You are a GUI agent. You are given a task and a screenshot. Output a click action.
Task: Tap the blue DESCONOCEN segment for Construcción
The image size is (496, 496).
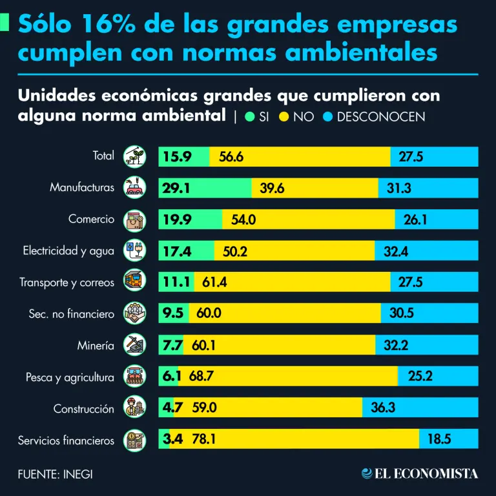[x=420, y=408]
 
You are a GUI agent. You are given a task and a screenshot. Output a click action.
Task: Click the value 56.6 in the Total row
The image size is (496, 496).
[x=231, y=157]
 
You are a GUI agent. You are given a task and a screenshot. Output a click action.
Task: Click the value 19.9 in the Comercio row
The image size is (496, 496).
[x=177, y=220]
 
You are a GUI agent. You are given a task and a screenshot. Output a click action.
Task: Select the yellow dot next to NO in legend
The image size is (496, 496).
[x=284, y=117]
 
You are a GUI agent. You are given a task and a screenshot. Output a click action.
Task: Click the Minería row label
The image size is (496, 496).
[x=95, y=346]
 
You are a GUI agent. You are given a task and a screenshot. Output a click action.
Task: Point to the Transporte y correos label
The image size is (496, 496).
[x=67, y=283]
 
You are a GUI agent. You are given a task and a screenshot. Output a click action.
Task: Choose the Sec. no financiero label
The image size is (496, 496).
[x=71, y=314]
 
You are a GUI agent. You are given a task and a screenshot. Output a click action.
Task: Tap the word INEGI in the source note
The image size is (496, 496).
[x=77, y=474]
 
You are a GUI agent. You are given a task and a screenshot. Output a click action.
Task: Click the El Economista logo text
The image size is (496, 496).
[x=428, y=474]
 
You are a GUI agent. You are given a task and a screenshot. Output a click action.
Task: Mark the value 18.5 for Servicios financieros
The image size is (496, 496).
[x=439, y=440]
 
